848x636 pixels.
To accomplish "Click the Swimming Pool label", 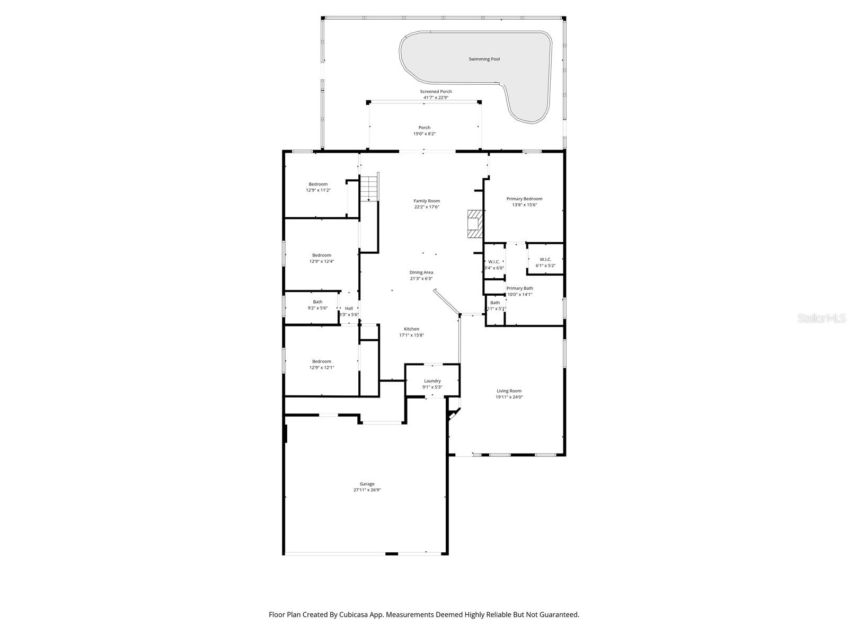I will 484,59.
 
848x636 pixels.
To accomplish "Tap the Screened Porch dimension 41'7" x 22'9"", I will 436,98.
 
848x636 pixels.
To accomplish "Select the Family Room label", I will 427,201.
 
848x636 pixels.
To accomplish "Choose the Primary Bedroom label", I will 524,199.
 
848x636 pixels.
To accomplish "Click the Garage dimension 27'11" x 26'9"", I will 367,490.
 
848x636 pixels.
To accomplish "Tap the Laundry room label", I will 432,381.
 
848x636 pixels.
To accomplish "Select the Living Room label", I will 509,391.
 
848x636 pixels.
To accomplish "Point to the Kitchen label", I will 411,329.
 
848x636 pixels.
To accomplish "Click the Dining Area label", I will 421,272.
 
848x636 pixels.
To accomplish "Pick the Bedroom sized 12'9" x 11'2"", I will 318,187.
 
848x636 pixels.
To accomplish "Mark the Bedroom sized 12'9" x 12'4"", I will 321,258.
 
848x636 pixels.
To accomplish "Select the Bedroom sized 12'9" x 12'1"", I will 321,365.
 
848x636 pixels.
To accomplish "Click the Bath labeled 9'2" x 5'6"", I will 317,305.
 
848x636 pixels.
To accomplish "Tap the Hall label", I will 349,308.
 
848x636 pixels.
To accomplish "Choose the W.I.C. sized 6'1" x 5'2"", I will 545,262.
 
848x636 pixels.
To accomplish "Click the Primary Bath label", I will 519,288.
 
